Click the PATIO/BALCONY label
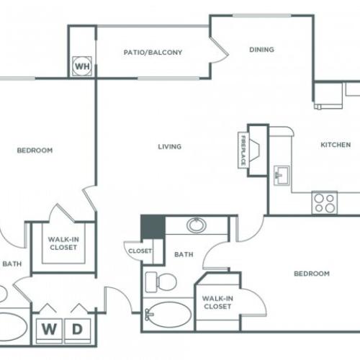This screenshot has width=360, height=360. tap(152, 53)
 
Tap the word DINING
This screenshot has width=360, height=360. tap(262, 50)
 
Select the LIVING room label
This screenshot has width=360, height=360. tap(170, 147)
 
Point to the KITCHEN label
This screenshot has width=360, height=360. tap(335, 145)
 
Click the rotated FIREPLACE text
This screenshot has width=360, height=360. tap(243, 150)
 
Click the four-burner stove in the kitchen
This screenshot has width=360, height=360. tap(325, 202)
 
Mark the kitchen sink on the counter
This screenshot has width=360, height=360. tap(280, 174)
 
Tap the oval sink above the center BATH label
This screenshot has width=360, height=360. tap(196, 225)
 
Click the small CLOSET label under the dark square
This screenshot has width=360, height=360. tap(140, 251)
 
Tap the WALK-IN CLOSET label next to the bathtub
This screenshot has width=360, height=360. tap(217, 302)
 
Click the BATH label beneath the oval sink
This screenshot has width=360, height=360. tap(184, 254)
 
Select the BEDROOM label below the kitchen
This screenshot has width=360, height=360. tap(312, 274)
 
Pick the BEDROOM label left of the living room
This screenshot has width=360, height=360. tap(35, 150)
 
